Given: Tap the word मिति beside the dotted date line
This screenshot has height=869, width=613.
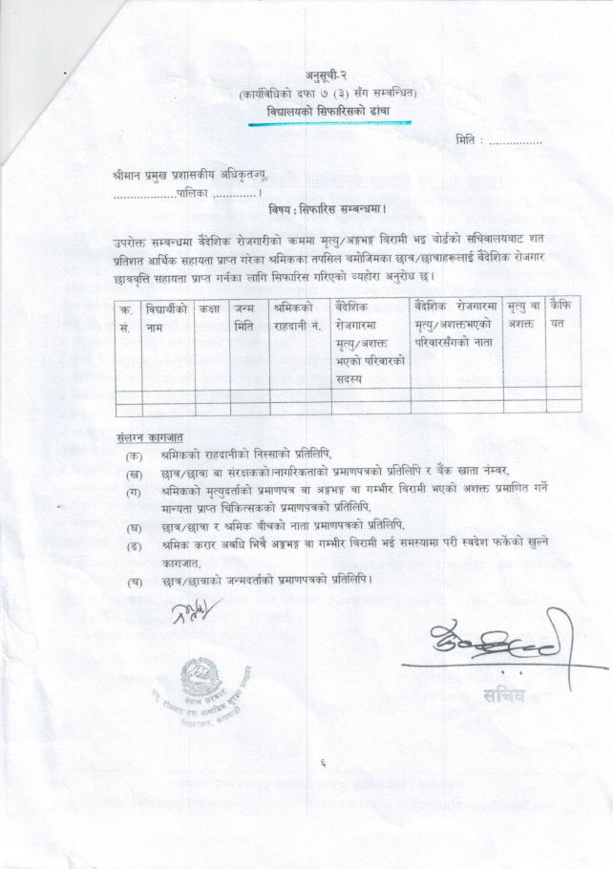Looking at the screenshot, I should click(467, 140).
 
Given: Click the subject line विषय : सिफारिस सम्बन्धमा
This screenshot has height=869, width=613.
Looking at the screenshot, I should click(328, 206).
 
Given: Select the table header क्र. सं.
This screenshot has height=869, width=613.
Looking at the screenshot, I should click(125, 317).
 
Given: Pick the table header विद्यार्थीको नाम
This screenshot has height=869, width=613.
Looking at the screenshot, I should click(166, 317).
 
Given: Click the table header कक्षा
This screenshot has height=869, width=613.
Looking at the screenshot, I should click(210, 308).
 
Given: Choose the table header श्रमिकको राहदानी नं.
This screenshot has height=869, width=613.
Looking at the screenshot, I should click(299, 317).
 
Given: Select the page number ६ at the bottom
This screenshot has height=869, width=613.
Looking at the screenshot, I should click(324, 762).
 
